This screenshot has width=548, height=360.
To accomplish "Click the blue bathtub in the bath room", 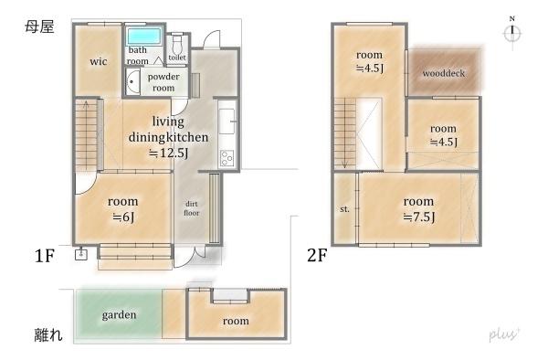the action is click(x=144, y=37).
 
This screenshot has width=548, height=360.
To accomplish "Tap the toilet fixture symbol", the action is click(x=177, y=43).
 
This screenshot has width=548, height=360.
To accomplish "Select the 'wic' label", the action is click(x=99, y=61).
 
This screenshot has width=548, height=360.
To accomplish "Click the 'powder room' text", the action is click(x=163, y=82).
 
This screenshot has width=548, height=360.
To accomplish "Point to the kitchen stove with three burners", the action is click(x=227, y=158).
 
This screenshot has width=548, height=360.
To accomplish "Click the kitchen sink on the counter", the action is click(x=227, y=122).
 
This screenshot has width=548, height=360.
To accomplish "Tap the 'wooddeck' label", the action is click(x=444, y=73).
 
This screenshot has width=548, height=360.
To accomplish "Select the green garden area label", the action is click(x=119, y=315).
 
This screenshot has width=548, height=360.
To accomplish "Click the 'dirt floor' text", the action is click(x=192, y=208).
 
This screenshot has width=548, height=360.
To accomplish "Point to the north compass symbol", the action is click(x=512, y=32).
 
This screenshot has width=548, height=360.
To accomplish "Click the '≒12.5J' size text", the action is click(x=168, y=154).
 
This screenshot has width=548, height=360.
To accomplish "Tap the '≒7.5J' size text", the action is click(x=419, y=217).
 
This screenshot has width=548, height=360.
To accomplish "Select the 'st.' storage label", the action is click(x=344, y=209).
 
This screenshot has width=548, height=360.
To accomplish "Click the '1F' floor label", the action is click(x=45, y=256).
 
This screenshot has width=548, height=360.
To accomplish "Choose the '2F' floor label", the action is click(x=317, y=256).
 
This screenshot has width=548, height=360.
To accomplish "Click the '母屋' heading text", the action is click(x=39, y=26).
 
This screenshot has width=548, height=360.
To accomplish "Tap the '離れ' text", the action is click(x=48, y=334).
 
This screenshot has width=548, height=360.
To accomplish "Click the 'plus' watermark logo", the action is click(x=504, y=334).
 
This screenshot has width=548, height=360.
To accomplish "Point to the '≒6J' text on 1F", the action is click(x=123, y=217).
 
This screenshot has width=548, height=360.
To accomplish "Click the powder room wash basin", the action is click(x=132, y=82).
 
